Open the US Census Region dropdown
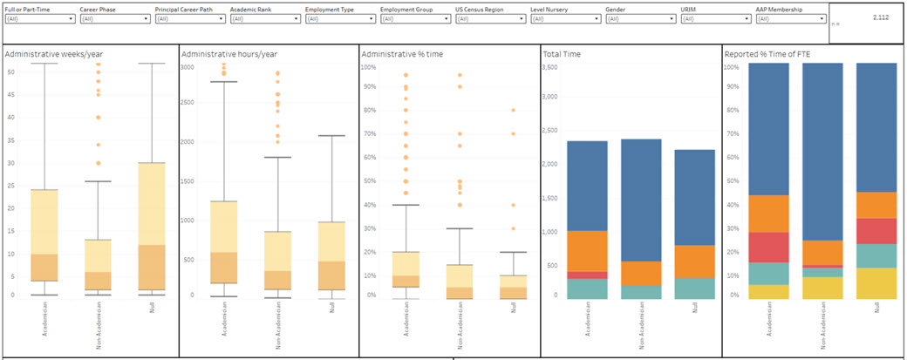[x=489, y=18]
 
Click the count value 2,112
[x=881, y=17]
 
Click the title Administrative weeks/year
[x=47, y=54]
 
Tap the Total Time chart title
[x=563, y=54]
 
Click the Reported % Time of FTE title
[x=768, y=54]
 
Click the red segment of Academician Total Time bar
[x=587, y=275]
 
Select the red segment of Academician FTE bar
[x=768, y=248]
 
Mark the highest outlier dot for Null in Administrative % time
[x=512, y=110]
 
